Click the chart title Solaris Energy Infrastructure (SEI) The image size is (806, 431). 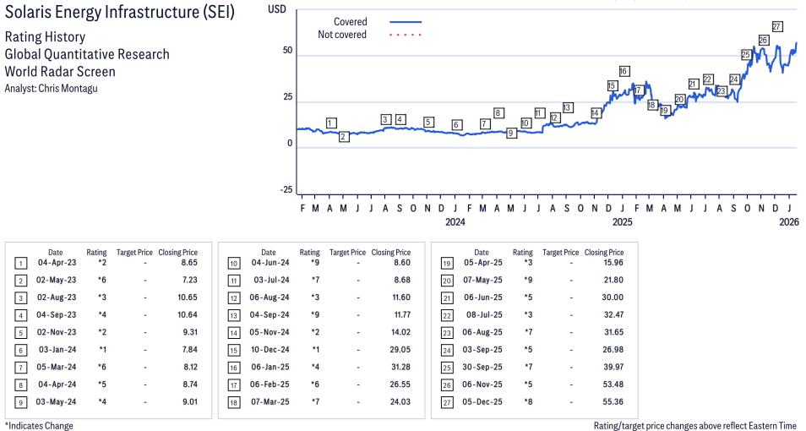click(119, 12)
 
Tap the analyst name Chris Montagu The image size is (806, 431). click(68, 89)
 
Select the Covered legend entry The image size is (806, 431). click(378, 22)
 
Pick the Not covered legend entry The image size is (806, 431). click(369, 35)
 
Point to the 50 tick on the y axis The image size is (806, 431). click(287, 51)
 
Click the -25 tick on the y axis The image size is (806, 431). click(286, 190)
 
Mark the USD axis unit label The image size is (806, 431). click(277, 8)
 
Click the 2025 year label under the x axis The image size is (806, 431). click(622, 222)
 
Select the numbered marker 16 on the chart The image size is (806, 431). click(624, 72)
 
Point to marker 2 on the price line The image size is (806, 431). click(344, 137)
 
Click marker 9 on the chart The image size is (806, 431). click(510, 134)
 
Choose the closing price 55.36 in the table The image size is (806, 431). click(613, 401)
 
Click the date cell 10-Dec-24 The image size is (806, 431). click(270, 350)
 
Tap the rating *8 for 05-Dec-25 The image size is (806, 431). click(528, 401)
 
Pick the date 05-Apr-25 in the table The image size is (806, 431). click(482, 263)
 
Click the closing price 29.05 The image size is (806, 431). click(400, 350)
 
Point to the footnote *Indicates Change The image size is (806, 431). click(39, 426)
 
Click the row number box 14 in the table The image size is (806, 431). click(234, 333)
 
